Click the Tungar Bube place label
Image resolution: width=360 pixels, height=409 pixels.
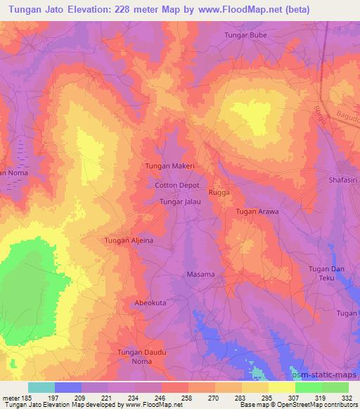(247, 34)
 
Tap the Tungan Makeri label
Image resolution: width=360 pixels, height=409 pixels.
(169, 166)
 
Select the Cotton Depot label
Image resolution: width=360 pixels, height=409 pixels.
(177, 186)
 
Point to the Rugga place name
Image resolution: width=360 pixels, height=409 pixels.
(219, 192)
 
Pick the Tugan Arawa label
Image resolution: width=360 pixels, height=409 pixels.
(257, 212)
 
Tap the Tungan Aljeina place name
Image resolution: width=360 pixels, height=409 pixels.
(129, 240)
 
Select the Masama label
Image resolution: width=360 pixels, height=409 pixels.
(200, 275)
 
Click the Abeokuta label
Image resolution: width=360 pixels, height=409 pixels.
(152, 303)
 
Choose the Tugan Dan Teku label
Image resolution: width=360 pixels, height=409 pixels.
(328, 273)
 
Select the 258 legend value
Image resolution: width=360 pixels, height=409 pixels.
(186, 397)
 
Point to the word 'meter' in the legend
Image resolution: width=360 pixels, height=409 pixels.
(10, 397)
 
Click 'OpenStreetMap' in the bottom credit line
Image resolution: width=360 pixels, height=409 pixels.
(307, 405)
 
